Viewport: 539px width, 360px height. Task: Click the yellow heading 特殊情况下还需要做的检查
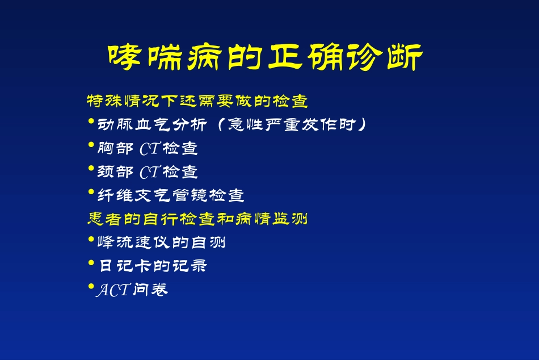197,102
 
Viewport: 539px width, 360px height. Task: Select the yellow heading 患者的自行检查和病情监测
197,218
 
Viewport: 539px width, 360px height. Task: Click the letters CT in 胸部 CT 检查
150,149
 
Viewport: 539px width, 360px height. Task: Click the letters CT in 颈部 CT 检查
150,172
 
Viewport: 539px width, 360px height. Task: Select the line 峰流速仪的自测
162,243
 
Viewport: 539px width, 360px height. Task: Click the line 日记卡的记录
153,266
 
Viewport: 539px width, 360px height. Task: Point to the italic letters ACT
113,290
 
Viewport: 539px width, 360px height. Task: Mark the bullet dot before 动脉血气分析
91,122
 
